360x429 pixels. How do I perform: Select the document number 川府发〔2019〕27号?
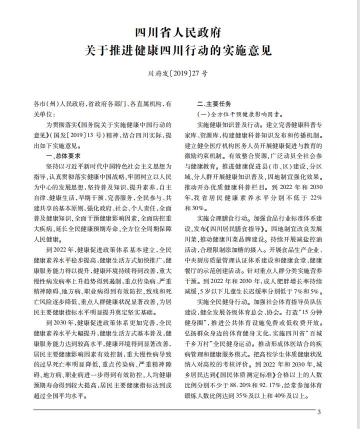179,73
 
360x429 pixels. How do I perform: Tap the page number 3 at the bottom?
318,412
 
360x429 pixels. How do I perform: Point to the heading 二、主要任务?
214,104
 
